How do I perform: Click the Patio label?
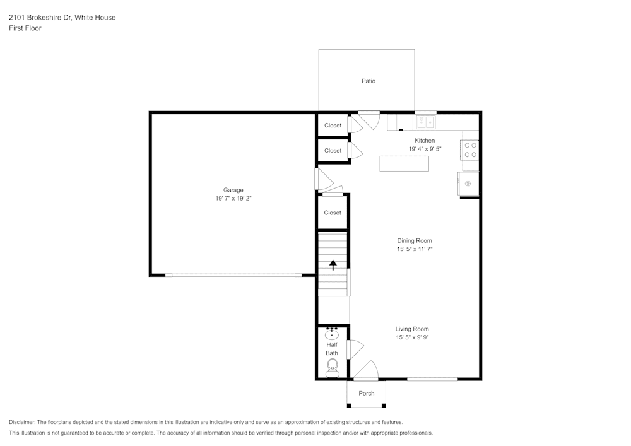[369, 81]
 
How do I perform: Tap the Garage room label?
[233, 190]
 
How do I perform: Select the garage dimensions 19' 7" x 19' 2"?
[233, 199]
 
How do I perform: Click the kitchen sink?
[425, 122]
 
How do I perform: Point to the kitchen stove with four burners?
[471, 150]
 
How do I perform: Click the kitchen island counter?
[404, 163]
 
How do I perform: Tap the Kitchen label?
[425, 140]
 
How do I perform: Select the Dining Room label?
[415, 240]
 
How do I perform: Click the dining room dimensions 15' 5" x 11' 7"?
[415, 249]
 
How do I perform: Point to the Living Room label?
[412, 329]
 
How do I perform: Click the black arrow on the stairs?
[333, 265]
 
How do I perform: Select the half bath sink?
[332, 334]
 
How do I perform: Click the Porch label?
[367, 394]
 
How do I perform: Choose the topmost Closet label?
[333, 126]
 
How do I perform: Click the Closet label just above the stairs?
[333, 213]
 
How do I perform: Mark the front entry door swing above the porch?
[366, 371]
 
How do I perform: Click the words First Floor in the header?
[25, 28]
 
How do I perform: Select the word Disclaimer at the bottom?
[23, 422]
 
